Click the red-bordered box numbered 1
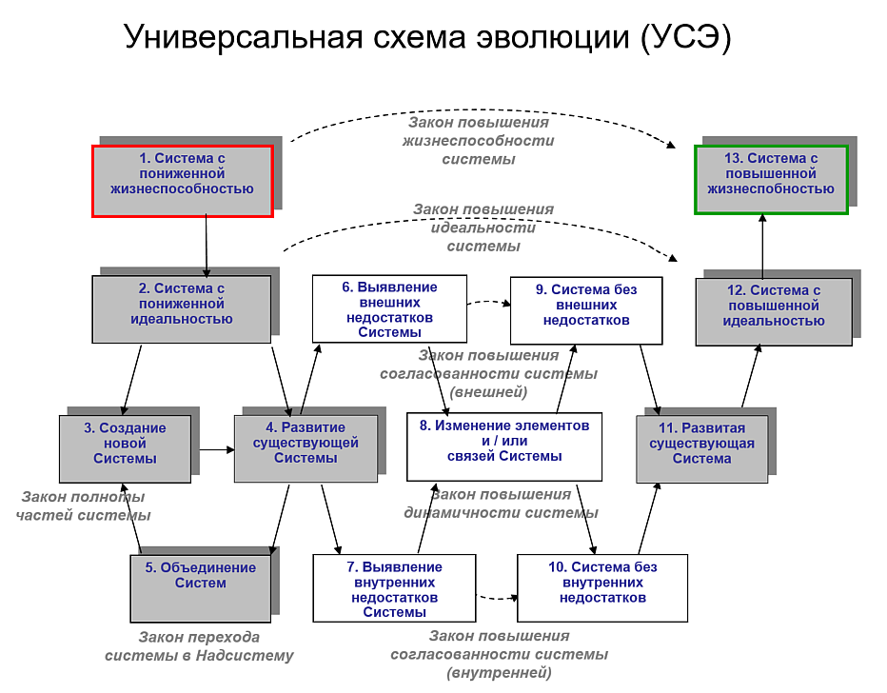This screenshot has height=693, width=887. [182, 181]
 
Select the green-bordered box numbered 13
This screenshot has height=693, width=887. [771, 179]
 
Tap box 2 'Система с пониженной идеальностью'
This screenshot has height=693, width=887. [182, 309]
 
